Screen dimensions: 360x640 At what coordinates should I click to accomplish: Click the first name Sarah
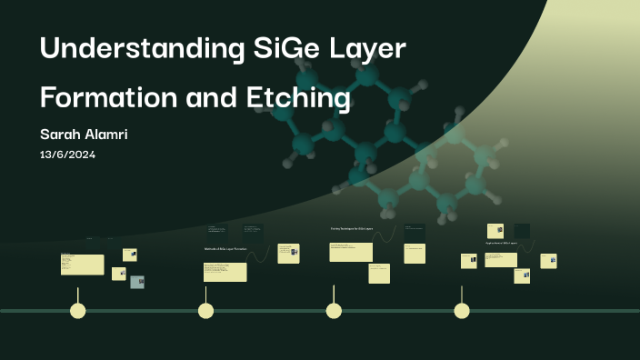click(x=62, y=135)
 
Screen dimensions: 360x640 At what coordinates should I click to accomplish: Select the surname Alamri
click(x=107, y=135)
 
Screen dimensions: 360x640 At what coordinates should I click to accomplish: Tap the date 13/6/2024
click(x=67, y=155)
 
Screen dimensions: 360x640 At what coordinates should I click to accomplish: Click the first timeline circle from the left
click(x=78, y=311)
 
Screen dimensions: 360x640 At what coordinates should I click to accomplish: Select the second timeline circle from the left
click(x=206, y=311)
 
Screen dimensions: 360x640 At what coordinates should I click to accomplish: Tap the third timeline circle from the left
click(x=334, y=311)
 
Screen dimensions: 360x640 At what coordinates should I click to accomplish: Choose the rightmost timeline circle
click(x=462, y=311)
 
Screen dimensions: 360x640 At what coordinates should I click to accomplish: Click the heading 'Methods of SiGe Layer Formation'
click(x=225, y=248)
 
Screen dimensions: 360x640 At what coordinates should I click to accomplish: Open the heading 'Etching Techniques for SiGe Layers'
click(x=353, y=228)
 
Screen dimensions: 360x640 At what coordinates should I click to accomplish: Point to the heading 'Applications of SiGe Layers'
click(x=502, y=244)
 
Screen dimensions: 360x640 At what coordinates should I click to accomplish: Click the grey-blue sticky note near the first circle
click(x=137, y=282)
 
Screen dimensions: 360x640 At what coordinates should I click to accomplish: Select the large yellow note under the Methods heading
click(x=225, y=272)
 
